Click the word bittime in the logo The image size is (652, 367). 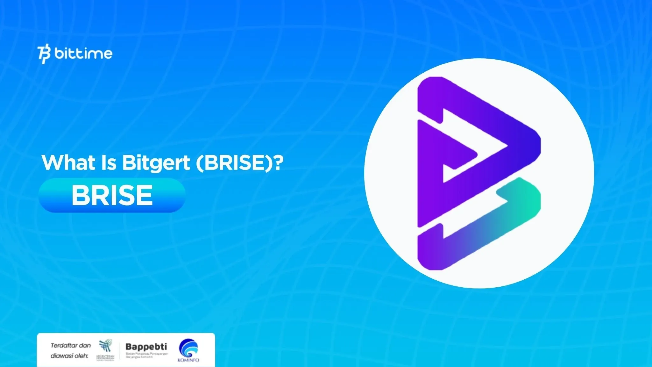click(83, 54)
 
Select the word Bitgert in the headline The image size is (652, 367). click(156, 163)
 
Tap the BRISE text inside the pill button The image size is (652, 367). click(112, 195)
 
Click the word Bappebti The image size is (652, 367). click(146, 347)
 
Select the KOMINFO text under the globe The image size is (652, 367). click(188, 360)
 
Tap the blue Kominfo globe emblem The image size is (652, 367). click(188, 348)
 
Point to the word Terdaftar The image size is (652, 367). click(64, 345)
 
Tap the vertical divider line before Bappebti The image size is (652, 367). click(120, 351)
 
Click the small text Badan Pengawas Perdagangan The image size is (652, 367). click(147, 354)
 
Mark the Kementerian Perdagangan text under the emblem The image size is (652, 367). click(105, 358)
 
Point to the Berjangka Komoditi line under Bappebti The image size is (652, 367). click(139, 357)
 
